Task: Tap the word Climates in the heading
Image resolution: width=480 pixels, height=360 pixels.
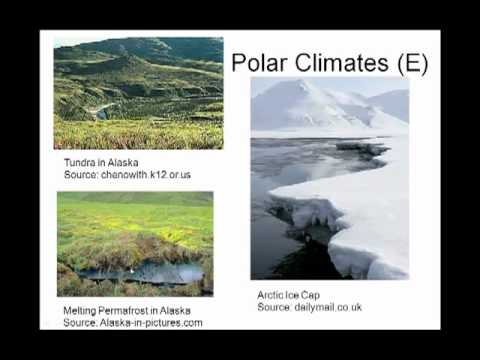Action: [x=343, y=63]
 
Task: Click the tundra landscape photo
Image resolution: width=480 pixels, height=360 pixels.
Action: [x=138, y=94]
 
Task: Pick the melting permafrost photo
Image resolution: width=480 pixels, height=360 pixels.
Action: [x=135, y=244]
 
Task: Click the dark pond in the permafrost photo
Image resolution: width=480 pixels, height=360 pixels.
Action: [x=140, y=273]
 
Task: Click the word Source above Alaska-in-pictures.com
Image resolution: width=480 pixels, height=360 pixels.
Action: [x=79, y=323]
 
